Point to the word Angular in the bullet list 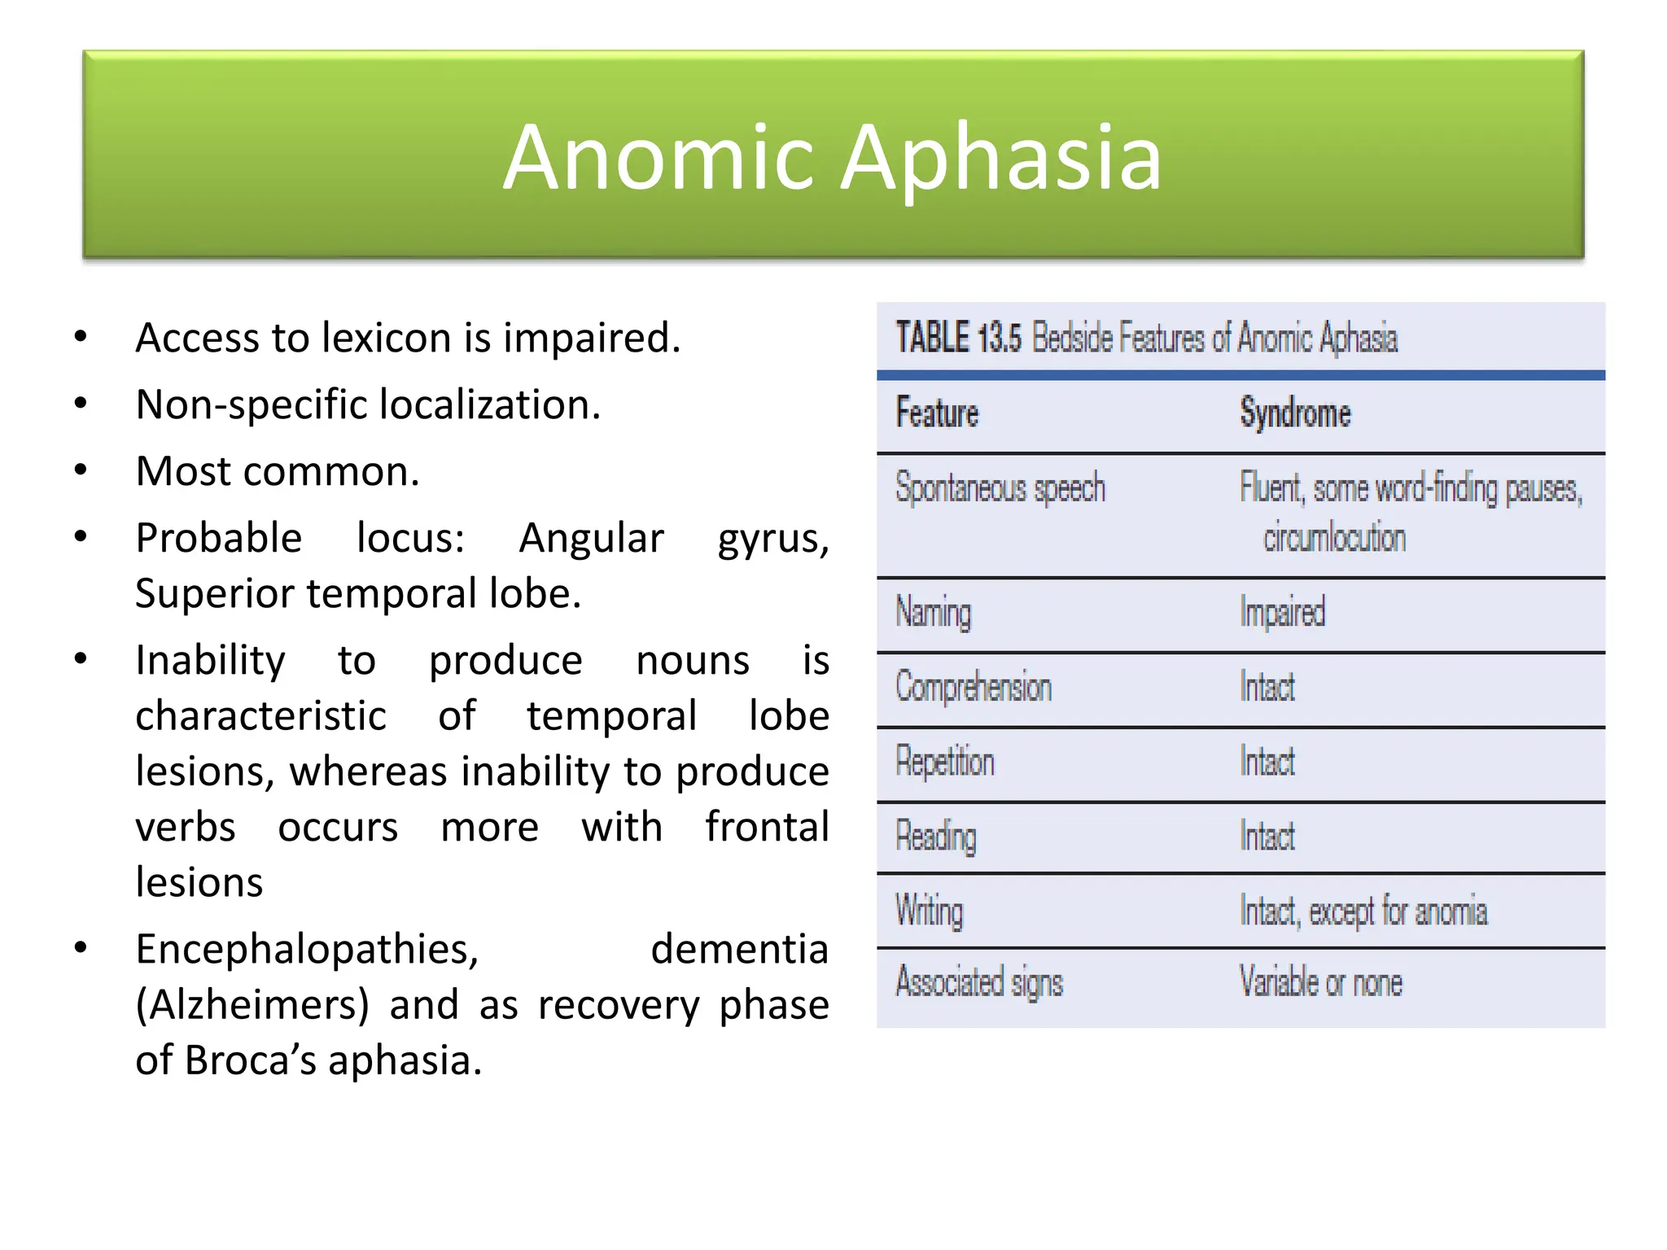592,538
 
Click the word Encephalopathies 307,949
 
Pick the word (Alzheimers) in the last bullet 252,1004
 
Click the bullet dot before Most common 81,470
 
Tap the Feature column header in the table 937,413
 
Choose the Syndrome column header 1295,413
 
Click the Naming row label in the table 933,612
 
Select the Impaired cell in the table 1282,612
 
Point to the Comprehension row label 974,687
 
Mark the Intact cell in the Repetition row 1267,762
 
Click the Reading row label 935,837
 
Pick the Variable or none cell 1320,982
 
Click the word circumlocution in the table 1334,538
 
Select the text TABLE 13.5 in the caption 958,338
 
